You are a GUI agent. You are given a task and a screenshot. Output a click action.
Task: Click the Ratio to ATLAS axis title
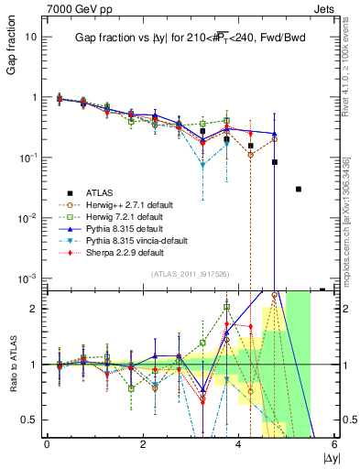pos(12,365)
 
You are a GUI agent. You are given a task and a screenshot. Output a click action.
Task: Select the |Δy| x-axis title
pos(325,455)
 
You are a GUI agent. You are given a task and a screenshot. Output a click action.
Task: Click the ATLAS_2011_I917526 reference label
pos(190,274)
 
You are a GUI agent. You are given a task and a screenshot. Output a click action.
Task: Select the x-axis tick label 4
pos(239,444)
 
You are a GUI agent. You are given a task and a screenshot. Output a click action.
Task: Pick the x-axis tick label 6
pos(335,444)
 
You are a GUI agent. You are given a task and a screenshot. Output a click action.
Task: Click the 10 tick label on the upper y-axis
pos(31,38)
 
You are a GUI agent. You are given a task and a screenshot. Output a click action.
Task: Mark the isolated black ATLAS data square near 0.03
pos(299,190)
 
